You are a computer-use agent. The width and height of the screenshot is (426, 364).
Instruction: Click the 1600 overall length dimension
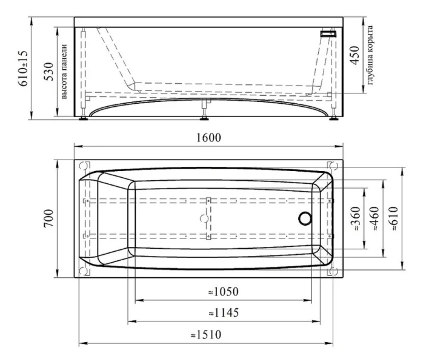click(208, 138)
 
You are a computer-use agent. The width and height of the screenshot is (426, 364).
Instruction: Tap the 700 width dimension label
click(48, 218)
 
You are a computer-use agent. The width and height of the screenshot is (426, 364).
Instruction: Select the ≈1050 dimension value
click(224, 292)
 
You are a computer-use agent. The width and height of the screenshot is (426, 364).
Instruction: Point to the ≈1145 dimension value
click(224, 312)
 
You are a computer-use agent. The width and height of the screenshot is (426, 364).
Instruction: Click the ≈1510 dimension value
click(206, 335)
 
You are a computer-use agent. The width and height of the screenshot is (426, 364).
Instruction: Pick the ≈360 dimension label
click(356, 218)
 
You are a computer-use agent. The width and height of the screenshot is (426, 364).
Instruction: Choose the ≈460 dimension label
click(374, 218)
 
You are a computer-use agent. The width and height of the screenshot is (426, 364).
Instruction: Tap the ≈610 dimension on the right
click(393, 218)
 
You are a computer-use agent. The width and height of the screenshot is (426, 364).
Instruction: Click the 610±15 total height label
click(23, 69)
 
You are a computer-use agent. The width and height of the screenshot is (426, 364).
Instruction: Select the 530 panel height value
click(49, 72)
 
